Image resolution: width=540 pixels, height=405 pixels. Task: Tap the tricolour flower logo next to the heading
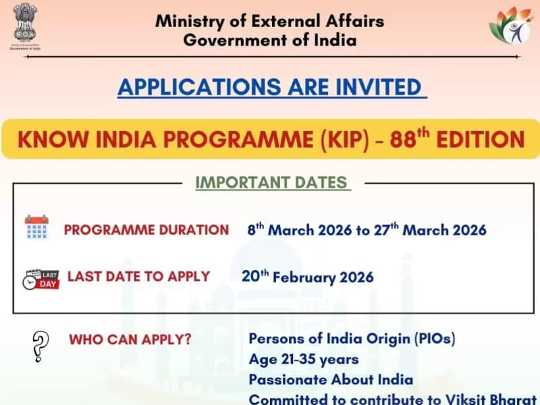click(511, 26)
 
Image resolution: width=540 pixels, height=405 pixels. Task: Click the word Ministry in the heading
click(190, 22)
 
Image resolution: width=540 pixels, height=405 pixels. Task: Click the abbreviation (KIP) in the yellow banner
click(344, 140)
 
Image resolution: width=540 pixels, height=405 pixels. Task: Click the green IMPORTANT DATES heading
click(271, 182)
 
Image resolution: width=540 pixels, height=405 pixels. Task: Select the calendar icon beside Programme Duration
click(36, 227)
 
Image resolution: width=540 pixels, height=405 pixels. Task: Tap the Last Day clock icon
click(40, 279)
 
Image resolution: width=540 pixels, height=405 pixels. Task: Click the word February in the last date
click(304, 277)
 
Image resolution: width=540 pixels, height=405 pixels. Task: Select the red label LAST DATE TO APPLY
click(138, 277)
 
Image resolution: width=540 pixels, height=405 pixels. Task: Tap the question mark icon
click(40, 346)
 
